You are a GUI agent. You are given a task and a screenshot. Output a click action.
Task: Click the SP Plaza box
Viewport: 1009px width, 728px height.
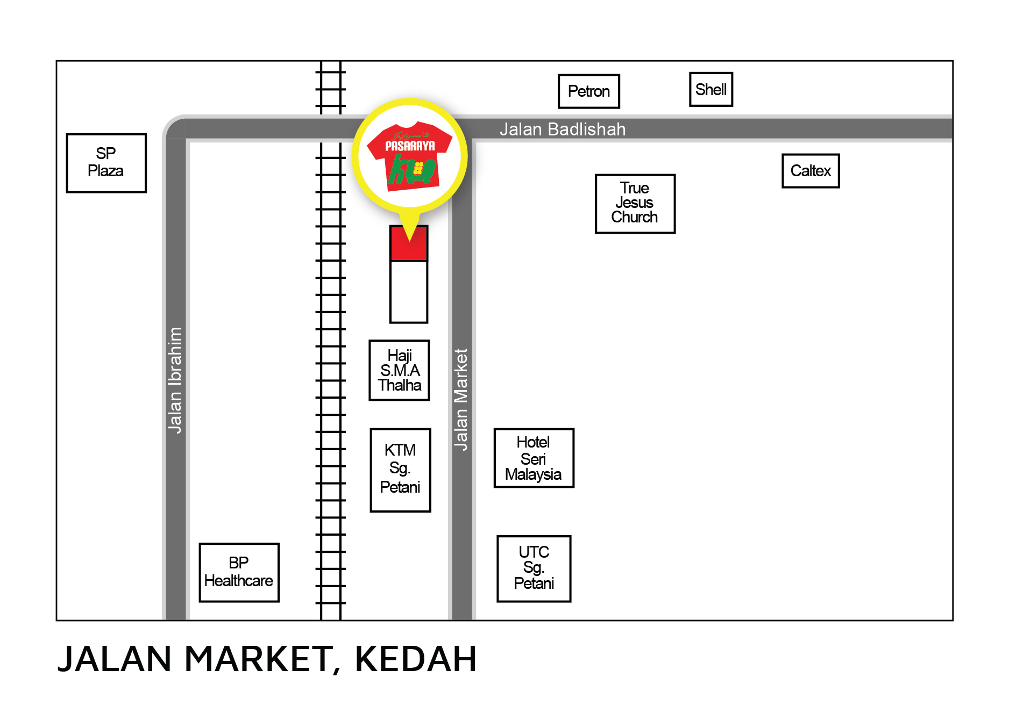[106, 163]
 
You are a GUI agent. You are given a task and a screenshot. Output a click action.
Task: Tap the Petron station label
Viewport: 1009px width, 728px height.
[588, 91]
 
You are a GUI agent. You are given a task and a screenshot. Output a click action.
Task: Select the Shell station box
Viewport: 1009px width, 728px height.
[710, 90]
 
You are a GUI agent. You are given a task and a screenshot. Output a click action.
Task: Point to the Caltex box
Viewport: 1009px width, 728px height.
[810, 171]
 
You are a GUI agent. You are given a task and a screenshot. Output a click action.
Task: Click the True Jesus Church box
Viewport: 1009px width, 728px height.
[635, 204]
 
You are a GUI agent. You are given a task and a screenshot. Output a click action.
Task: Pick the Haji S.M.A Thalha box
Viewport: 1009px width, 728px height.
[399, 370]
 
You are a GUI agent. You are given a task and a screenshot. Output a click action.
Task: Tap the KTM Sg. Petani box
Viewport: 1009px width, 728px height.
[400, 470]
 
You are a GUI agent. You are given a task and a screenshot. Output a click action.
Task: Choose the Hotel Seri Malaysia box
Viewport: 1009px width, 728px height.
[534, 458]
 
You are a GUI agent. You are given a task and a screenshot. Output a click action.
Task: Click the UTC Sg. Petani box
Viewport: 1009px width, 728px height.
[534, 568]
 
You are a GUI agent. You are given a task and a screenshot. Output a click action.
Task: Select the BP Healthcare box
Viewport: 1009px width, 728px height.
[239, 572]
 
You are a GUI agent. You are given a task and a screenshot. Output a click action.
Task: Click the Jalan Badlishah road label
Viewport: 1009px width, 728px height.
[563, 129]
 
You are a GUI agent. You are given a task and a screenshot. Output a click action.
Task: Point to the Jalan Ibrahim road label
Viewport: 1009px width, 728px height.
[175, 380]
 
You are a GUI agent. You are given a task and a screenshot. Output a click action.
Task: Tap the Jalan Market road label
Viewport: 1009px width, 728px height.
[461, 399]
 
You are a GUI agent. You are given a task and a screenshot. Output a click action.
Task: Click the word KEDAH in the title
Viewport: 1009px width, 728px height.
[415, 659]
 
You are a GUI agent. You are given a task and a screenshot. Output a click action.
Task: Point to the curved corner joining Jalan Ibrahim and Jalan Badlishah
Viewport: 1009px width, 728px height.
[174, 128]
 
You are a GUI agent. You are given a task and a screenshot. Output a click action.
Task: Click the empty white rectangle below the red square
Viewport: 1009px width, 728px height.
[409, 292]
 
